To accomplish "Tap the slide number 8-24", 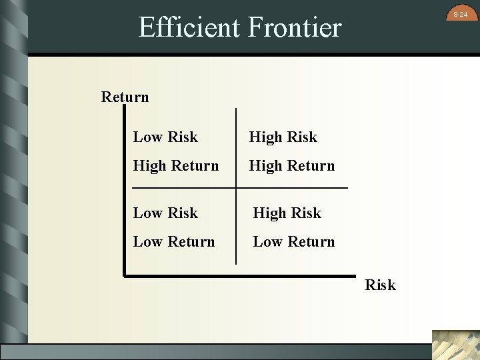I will (460, 14).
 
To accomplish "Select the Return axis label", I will (125, 97).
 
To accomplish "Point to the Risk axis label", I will (380, 285).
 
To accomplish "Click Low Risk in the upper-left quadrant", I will (165, 137).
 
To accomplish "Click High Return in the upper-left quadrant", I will (175, 165).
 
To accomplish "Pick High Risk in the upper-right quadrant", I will (283, 137).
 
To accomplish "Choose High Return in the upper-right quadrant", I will (291, 165).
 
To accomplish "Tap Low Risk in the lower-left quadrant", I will (165, 213).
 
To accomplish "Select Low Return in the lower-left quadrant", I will (174, 241).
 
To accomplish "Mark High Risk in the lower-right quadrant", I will (287, 213).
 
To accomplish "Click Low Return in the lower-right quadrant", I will (293, 241).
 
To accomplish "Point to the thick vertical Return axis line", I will (125, 200).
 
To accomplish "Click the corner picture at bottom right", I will (455, 345).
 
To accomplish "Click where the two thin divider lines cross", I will (236, 188).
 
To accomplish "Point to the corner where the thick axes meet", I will (125, 273).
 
